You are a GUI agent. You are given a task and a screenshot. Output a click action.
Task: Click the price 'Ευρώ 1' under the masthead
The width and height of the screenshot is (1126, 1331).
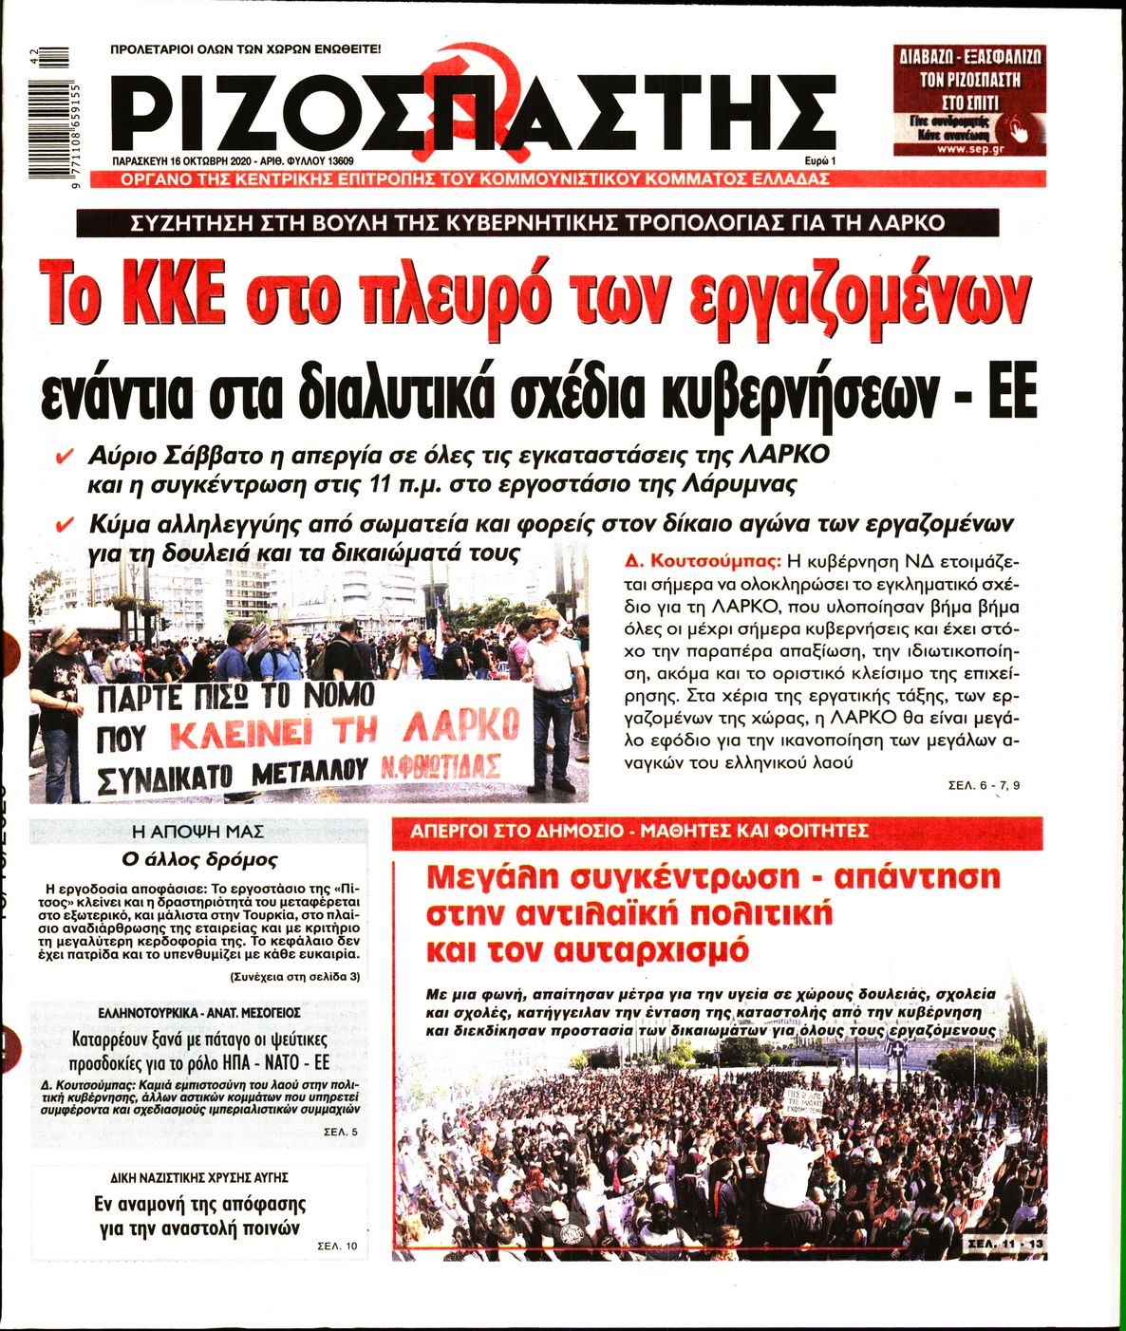click(808, 161)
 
